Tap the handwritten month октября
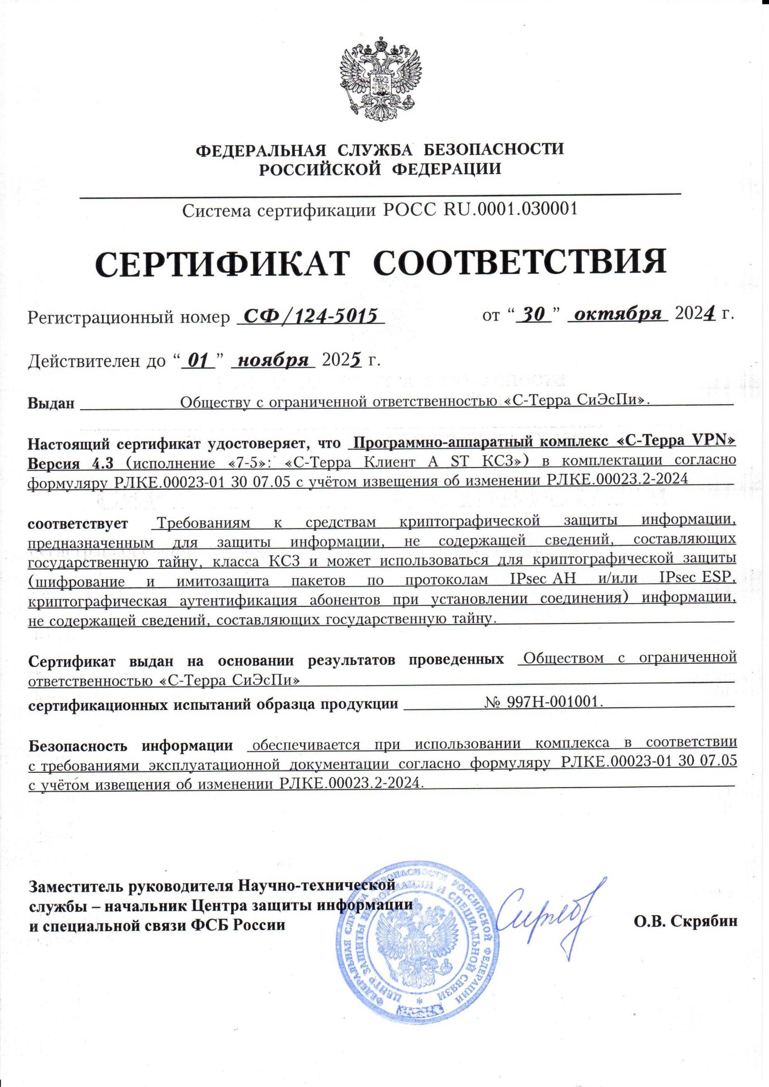617,314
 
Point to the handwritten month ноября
273,361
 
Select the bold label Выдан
51,403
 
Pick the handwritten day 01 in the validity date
199,361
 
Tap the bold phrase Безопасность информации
131,746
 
